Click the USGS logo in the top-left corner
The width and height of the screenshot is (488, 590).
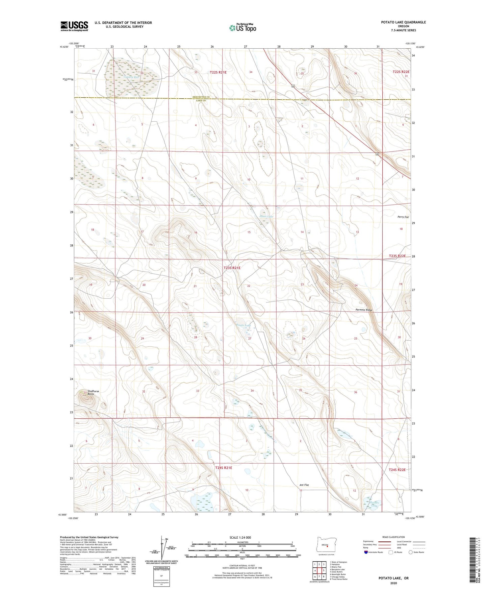click(x=74, y=26)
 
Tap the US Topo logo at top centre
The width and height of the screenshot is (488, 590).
click(x=242, y=28)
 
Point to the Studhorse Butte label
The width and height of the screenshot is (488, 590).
click(x=93, y=392)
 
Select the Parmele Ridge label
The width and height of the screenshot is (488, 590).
click(x=364, y=310)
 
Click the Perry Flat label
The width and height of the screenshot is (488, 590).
click(x=403, y=217)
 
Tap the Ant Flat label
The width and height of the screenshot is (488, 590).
click(x=304, y=485)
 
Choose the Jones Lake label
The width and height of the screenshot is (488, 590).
click(x=266, y=216)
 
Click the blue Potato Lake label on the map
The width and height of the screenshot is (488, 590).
click(x=243, y=325)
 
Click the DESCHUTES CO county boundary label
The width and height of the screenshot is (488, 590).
click(x=201, y=97)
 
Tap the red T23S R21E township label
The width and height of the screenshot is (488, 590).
click(x=232, y=268)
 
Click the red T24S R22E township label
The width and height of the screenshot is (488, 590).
click(x=397, y=470)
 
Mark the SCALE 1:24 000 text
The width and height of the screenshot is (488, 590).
click(x=240, y=537)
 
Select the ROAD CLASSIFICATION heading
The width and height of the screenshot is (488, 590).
click(x=393, y=537)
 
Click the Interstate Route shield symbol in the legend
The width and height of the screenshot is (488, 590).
click(x=366, y=552)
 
